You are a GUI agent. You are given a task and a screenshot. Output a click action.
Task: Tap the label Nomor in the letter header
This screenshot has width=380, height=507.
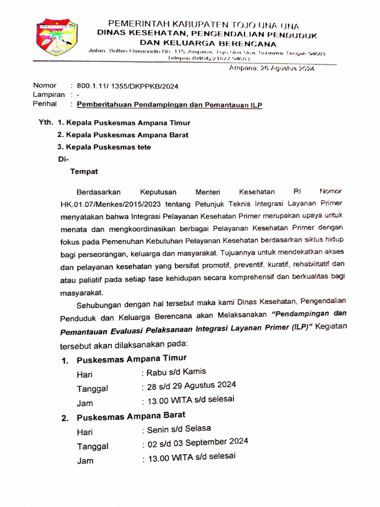click(45, 85)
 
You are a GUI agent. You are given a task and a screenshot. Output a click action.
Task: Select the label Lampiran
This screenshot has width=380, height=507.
click(49, 95)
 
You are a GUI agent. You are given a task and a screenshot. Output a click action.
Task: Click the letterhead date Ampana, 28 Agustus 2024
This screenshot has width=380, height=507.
click(272, 69)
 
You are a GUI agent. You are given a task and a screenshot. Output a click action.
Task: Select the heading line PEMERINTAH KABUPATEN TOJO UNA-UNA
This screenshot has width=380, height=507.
click(203, 25)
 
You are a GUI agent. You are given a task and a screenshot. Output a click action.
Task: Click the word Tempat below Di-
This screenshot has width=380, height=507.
click(84, 172)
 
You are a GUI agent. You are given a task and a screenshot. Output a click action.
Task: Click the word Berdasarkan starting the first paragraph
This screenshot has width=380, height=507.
click(98, 192)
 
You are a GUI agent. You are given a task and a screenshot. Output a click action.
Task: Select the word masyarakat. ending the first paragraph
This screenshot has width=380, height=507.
click(82, 292)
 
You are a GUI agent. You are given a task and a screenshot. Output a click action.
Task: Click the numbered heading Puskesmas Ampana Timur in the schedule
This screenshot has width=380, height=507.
click(131, 359)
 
